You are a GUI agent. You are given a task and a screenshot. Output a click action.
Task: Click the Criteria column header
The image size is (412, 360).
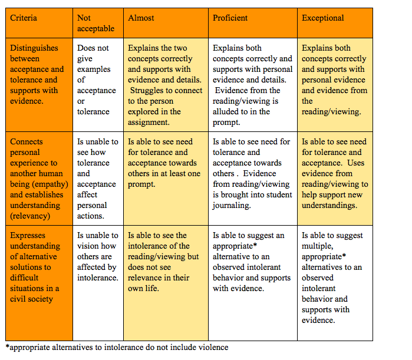(24, 18)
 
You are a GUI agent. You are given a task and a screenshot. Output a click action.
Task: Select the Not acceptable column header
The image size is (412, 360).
(95, 23)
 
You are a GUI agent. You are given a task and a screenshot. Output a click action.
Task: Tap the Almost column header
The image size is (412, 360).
(141, 18)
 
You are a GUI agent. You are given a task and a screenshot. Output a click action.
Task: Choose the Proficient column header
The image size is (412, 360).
(230, 18)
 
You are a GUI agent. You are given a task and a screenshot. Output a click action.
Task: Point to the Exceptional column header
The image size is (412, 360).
(322, 18)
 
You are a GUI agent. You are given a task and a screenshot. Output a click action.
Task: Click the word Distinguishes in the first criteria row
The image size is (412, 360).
(34, 48)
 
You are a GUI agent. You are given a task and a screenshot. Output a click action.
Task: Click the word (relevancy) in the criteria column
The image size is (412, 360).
(30, 216)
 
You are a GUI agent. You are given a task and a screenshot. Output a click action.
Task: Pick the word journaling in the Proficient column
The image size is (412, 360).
(232, 206)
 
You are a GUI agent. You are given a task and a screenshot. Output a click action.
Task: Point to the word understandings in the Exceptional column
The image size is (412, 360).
(329, 206)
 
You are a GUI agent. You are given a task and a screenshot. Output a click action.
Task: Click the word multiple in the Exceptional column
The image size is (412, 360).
(318, 246)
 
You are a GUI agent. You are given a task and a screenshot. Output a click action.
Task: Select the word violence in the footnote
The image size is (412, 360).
(213, 348)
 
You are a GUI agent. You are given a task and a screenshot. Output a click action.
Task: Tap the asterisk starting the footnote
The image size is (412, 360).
(7, 346)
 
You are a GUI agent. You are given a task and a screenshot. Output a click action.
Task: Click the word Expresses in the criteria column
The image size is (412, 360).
(28, 236)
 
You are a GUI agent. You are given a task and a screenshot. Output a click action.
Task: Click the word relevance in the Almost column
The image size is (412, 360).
(144, 278)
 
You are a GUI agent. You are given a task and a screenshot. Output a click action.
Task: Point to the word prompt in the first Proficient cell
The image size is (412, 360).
(226, 123)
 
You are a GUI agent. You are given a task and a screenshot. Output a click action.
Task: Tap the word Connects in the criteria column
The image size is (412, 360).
(27, 142)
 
